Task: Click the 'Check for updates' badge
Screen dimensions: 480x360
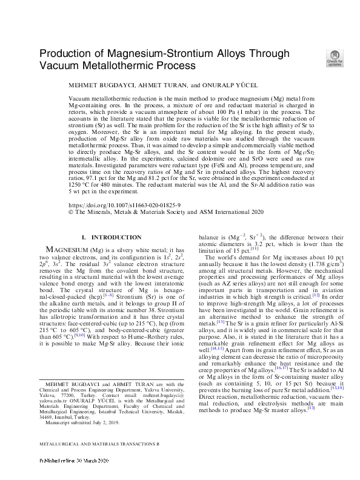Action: (335, 58)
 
